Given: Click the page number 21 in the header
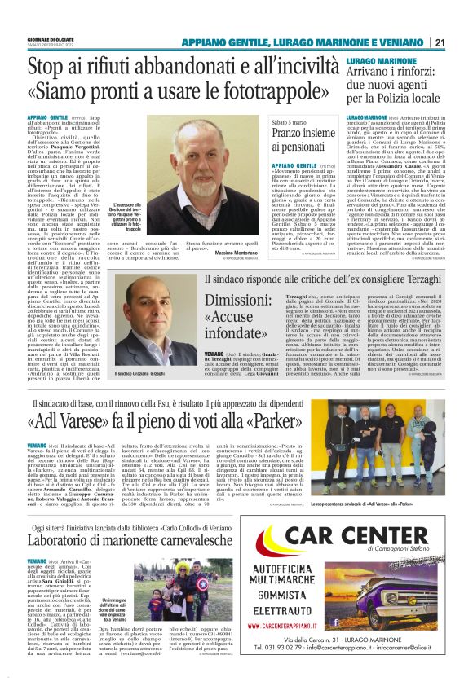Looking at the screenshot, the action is point(440,42).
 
